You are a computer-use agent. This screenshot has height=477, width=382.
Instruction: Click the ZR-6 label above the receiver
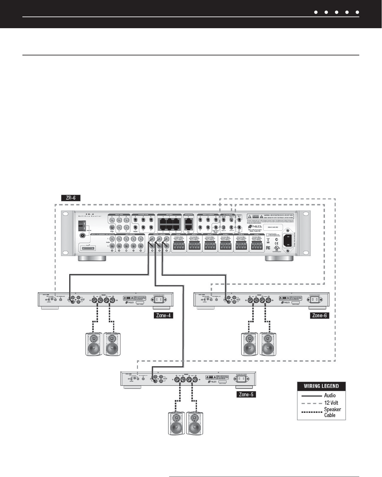click(x=70, y=197)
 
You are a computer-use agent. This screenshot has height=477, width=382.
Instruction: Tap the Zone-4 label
click(x=163, y=315)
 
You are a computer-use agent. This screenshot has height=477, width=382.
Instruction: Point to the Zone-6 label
click(x=319, y=315)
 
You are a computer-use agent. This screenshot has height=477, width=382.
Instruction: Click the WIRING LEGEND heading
click(x=321, y=386)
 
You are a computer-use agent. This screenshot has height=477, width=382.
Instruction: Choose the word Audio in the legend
click(x=330, y=395)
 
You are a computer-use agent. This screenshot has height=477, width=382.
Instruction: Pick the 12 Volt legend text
click(x=331, y=403)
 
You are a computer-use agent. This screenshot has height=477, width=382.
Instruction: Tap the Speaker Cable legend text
click(x=332, y=412)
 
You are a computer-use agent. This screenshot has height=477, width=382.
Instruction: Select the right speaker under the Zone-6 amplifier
click(x=268, y=344)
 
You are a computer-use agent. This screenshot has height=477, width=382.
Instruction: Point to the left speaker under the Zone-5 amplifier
click(x=177, y=423)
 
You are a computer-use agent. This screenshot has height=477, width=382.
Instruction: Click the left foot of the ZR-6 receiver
click(x=92, y=258)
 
